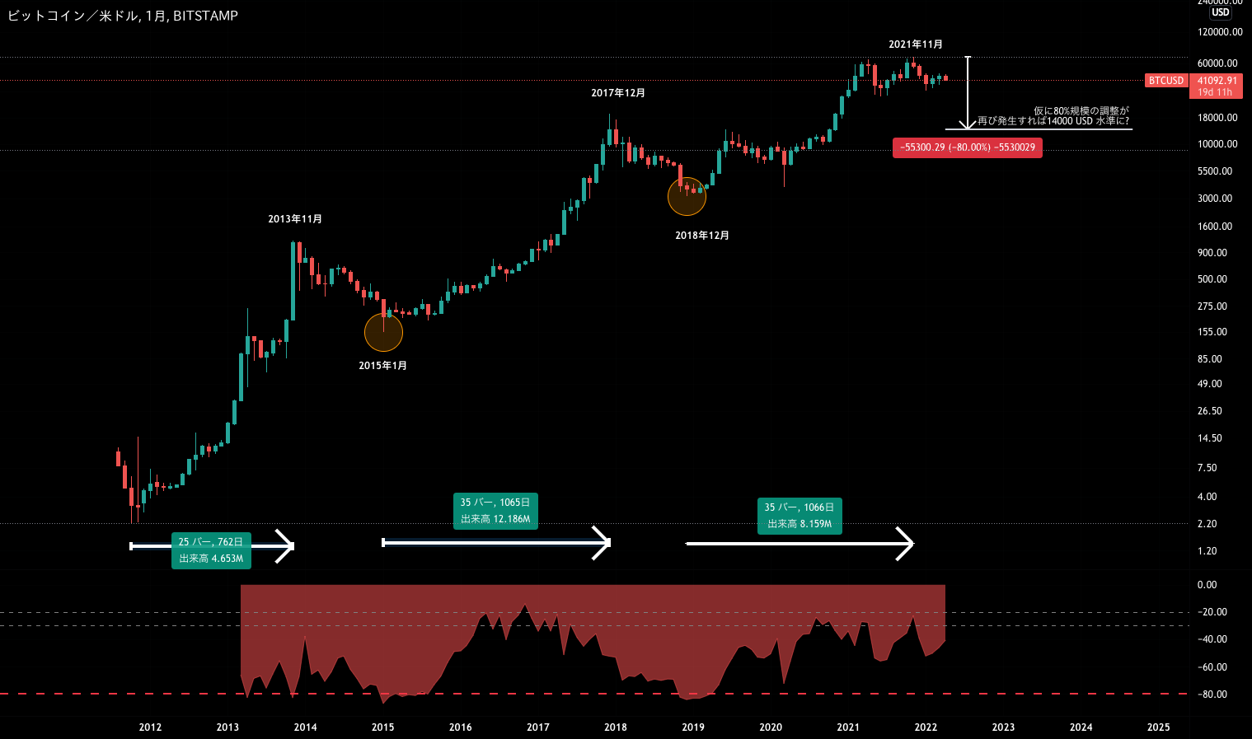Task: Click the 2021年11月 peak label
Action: click(x=915, y=44)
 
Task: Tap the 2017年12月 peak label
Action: click(x=618, y=93)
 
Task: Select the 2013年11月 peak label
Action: click(x=295, y=219)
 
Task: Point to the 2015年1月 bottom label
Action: click(x=382, y=366)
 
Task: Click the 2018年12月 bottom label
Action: click(x=702, y=236)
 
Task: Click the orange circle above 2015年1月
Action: click(x=383, y=332)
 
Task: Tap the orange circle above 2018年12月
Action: click(x=687, y=196)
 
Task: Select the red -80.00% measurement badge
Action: click(x=968, y=147)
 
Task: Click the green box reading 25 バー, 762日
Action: click(x=211, y=550)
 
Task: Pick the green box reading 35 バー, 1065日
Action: click(x=495, y=511)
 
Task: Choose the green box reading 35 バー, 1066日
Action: click(x=799, y=516)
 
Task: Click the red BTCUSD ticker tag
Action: click(x=1166, y=81)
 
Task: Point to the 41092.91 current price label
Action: click(x=1217, y=81)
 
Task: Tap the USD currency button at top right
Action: click(x=1221, y=12)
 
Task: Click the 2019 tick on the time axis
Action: click(x=693, y=727)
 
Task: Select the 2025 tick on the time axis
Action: click(x=1158, y=727)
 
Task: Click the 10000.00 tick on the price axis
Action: click(x=1217, y=144)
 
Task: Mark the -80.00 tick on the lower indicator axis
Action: click(x=1212, y=695)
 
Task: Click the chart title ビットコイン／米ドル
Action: click(x=73, y=16)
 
